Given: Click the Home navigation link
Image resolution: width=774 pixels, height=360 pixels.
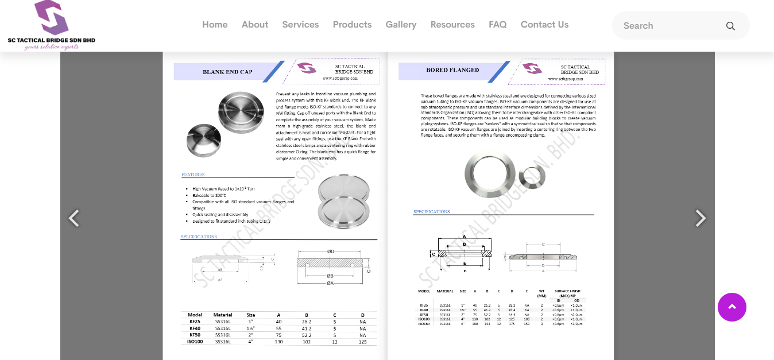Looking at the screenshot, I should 215,25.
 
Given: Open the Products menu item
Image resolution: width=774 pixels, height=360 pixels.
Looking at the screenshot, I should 352,25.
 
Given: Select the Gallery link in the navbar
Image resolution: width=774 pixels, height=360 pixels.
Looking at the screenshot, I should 401,25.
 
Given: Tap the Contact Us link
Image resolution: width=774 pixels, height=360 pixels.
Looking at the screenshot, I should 544,25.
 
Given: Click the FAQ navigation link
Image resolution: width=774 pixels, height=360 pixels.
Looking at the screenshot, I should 497,25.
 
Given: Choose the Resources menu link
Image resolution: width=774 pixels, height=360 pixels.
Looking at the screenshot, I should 452,25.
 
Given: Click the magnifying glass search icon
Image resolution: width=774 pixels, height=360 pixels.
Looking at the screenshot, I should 730,26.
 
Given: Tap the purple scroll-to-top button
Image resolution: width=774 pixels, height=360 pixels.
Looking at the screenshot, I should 732,307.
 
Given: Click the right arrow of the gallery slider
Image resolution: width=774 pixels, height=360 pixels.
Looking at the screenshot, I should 700,218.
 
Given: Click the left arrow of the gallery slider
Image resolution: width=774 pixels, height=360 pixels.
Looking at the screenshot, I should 74,218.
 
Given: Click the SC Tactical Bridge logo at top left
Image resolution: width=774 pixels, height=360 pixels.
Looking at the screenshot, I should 52,25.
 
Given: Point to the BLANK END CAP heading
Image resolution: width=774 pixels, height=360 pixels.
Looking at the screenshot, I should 227,72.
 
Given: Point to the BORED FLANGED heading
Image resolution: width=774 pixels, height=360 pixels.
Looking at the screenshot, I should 452,70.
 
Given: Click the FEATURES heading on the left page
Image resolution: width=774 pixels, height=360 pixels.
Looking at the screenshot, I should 193,175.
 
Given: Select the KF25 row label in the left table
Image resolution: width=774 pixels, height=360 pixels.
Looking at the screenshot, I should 195,322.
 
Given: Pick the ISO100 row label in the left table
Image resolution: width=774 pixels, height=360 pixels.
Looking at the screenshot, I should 195,342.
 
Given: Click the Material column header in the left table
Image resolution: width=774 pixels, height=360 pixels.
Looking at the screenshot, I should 223,315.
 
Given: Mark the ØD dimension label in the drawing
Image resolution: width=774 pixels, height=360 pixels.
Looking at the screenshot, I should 331,251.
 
